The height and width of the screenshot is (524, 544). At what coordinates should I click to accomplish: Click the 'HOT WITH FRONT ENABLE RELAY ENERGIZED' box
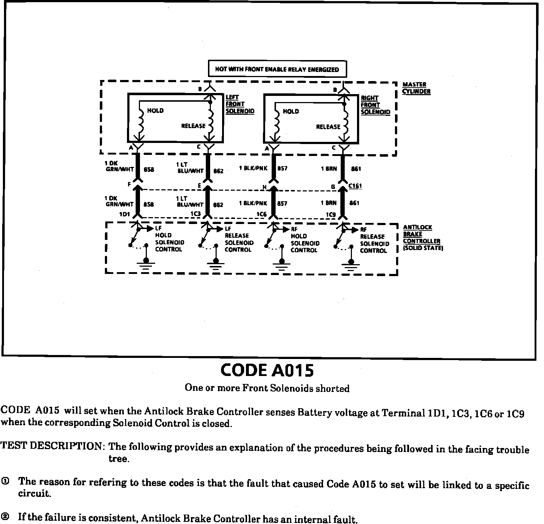[x=277, y=69]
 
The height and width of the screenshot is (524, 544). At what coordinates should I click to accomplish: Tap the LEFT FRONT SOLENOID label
[x=239, y=104]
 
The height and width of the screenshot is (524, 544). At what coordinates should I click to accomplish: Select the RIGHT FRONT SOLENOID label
[x=375, y=105]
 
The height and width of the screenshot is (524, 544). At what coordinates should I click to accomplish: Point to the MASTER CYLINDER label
[x=416, y=88]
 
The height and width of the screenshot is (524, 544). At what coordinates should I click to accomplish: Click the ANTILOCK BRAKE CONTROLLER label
[x=422, y=238]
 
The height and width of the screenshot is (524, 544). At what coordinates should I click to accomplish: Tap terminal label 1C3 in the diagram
[x=195, y=214]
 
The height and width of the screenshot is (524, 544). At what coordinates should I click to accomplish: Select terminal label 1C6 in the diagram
[x=261, y=215]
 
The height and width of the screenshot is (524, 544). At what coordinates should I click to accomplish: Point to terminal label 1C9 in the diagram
[x=331, y=215]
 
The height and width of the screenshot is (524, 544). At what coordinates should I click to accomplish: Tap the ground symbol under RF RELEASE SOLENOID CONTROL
[x=350, y=266]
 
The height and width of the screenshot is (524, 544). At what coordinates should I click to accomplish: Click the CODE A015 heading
[x=267, y=370]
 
